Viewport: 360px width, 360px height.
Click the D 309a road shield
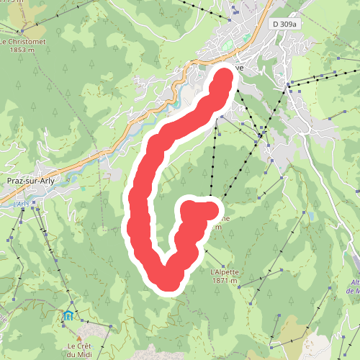284,24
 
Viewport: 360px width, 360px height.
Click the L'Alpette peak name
224,272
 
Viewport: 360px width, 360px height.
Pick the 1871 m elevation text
224,281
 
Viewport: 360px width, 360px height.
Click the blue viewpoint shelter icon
68,315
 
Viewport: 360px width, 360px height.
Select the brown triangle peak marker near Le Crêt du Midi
79,337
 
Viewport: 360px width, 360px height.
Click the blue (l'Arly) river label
20,204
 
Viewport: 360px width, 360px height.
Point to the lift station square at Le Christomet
23,32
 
